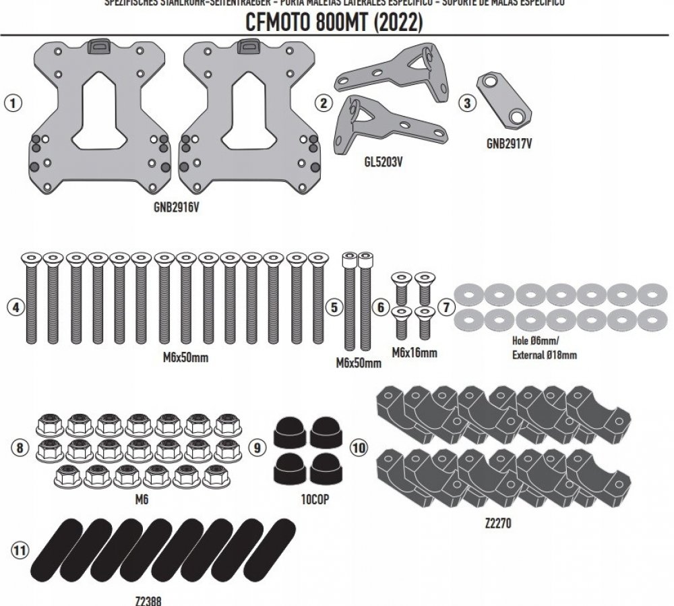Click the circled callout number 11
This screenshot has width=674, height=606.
pos(21,551)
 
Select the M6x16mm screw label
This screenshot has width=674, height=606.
pos(415,352)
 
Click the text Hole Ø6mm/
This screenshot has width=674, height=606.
pos(536,342)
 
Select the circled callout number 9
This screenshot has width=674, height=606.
pos(257,446)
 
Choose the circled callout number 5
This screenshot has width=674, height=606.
pos(333,307)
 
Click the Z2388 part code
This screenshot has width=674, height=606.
pos(148,599)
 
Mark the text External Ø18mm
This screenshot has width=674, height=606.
pos(544,354)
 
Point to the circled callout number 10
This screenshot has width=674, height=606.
pos(359,446)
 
